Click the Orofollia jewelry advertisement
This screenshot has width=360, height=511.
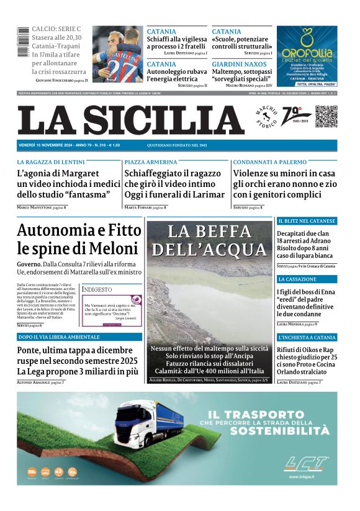pyautogui.click(x=307, y=56)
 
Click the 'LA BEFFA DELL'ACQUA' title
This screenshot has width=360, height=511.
pyautogui.click(x=209, y=241)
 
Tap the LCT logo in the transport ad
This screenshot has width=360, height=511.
pyautogui.click(x=306, y=464)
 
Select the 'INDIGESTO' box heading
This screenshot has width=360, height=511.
pyautogui.click(x=97, y=289)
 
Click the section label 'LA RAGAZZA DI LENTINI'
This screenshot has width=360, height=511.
pyautogui.click(x=51, y=161)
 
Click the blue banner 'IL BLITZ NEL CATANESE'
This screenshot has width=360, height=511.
pyautogui.click(x=307, y=221)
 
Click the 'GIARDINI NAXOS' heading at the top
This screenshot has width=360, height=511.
pyautogui.click(x=240, y=64)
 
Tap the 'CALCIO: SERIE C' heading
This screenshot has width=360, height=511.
pyautogui.click(x=56, y=29)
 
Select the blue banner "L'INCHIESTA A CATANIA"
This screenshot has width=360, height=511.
pyautogui.click(x=307, y=337)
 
